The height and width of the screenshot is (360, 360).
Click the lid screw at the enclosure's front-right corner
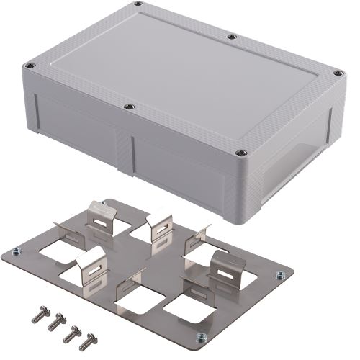[241, 152]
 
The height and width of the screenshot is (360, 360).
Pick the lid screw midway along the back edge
[231, 36]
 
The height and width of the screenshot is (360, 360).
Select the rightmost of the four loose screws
[89, 338]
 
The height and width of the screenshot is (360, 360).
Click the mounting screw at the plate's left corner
[16, 251]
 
